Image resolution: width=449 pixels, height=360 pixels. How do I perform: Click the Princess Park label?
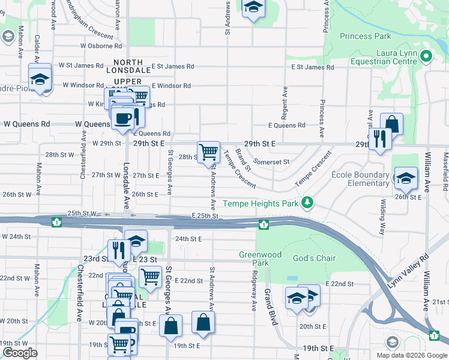[x=365, y=36]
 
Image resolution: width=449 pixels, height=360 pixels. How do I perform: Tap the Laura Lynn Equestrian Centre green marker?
[x=426, y=57]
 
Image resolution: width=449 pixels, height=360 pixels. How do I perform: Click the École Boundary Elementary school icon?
[x=405, y=177]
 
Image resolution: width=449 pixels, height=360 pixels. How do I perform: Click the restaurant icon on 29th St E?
[x=379, y=139]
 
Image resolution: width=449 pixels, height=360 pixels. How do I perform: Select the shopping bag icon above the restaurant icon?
[x=391, y=125]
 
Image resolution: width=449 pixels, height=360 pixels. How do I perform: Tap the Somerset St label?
[x=271, y=161]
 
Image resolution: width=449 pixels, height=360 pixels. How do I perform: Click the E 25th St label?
[x=205, y=215]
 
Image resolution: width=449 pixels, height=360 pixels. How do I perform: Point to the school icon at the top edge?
[x=253, y=8]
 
